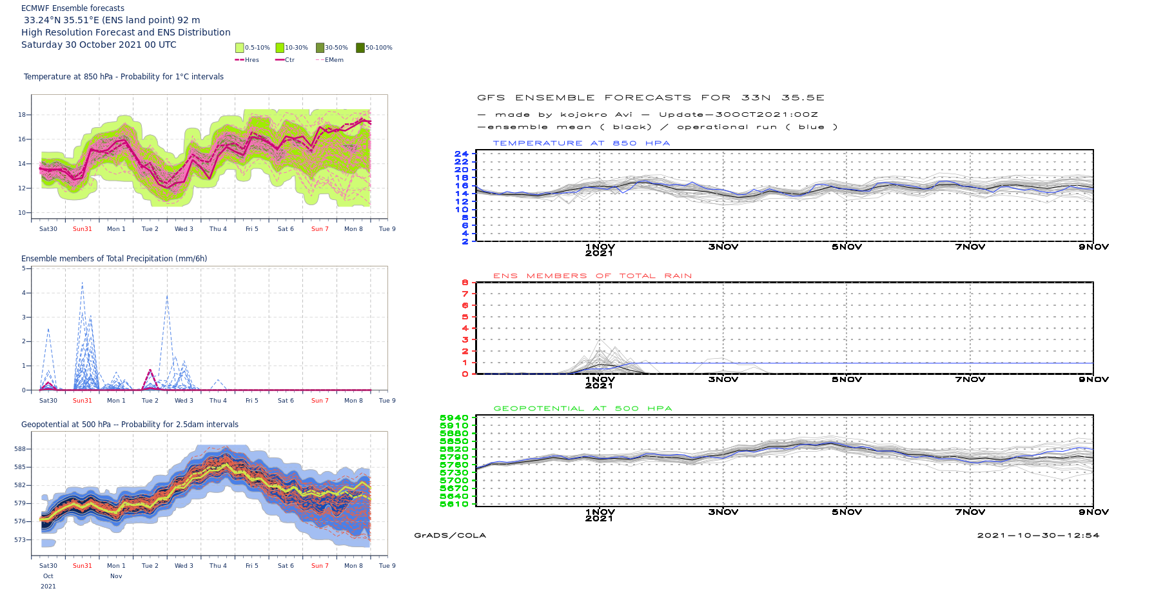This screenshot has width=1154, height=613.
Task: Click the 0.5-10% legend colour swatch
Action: (x=240, y=48)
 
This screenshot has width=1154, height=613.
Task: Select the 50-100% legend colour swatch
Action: (x=360, y=48)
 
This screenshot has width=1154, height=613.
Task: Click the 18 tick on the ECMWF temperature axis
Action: (x=22, y=115)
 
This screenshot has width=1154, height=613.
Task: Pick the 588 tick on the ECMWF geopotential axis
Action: (x=20, y=449)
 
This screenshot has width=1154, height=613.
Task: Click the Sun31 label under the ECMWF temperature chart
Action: (x=83, y=229)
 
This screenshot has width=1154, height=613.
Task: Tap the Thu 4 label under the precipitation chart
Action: (x=218, y=401)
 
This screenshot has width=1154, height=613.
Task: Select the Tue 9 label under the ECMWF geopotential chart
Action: (x=387, y=566)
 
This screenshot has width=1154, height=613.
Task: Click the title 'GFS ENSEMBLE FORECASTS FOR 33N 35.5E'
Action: (x=650, y=98)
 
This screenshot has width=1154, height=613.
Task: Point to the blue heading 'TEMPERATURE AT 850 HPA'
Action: (x=581, y=143)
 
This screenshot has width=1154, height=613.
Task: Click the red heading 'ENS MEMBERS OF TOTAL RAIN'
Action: (x=592, y=276)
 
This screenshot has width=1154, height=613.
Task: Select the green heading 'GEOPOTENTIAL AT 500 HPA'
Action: (x=582, y=408)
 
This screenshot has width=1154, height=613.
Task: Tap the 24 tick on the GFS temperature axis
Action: (x=461, y=154)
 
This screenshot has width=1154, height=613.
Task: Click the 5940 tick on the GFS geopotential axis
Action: (x=454, y=418)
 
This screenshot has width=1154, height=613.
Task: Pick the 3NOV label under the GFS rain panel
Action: (x=723, y=379)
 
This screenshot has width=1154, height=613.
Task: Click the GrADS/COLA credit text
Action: (x=450, y=536)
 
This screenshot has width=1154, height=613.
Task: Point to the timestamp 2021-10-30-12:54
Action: (x=1038, y=536)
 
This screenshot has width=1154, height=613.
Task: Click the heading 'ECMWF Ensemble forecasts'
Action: (x=73, y=8)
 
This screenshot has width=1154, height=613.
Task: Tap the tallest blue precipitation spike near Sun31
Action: (x=82, y=283)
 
